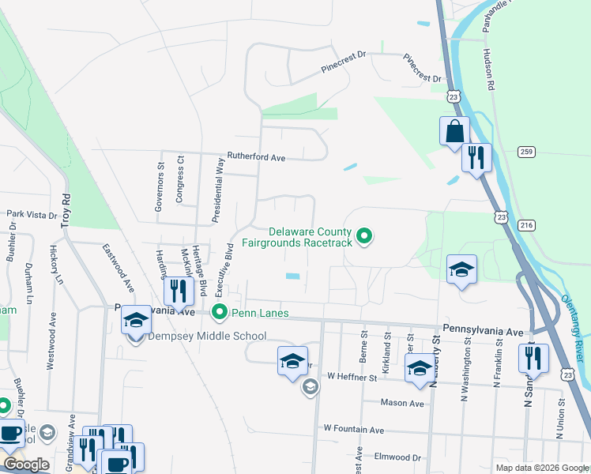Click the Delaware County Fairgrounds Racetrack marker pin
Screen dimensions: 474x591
pos(364,235)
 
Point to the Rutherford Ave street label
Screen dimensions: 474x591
pos(256,157)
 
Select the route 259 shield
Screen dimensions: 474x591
pos(527,151)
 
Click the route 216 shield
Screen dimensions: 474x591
pos(527,226)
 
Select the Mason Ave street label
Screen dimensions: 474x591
pos(404,403)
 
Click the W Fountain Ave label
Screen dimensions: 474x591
pos(353,429)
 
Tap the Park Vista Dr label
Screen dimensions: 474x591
pos(32,214)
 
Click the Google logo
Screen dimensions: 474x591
pos(25,465)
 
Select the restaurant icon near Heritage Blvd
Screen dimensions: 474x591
pos(179,292)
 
